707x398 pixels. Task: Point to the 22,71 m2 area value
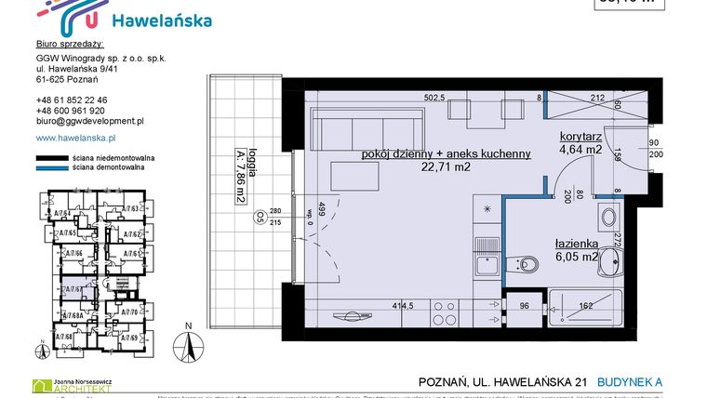446,168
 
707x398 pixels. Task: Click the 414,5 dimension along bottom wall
402,304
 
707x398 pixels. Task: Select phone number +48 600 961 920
71,110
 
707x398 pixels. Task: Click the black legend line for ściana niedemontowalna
51,159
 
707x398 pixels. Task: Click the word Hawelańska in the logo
160,20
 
